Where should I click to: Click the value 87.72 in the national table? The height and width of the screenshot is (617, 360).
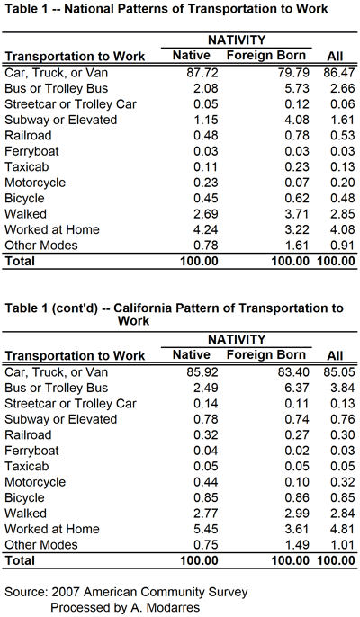(x=202, y=73)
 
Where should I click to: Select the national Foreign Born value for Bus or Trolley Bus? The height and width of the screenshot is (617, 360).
(x=297, y=88)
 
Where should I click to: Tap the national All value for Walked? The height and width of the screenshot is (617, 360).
(x=343, y=214)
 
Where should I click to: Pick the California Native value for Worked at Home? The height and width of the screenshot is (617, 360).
(x=205, y=529)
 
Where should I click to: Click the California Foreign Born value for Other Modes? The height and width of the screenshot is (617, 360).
(x=297, y=545)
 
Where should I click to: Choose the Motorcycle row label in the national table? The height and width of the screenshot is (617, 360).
(x=35, y=183)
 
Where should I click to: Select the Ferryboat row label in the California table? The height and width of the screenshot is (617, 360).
(x=31, y=451)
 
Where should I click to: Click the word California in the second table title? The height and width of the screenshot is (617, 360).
(x=142, y=308)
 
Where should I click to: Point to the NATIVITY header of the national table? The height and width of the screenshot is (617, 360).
(x=237, y=40)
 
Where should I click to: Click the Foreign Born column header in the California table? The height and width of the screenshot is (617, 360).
(x=266, y=355)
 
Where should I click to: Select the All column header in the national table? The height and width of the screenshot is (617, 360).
(x=335, y=56)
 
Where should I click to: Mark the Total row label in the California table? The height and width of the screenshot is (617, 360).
(x=20, y=560)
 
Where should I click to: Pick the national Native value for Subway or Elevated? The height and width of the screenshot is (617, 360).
(x=205, y=120)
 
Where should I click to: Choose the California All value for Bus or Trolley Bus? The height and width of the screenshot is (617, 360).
(x=343, y=388)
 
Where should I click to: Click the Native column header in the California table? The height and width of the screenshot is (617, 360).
(x=192, y=355)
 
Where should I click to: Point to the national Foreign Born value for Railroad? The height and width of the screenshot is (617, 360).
(x=297, y=136)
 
